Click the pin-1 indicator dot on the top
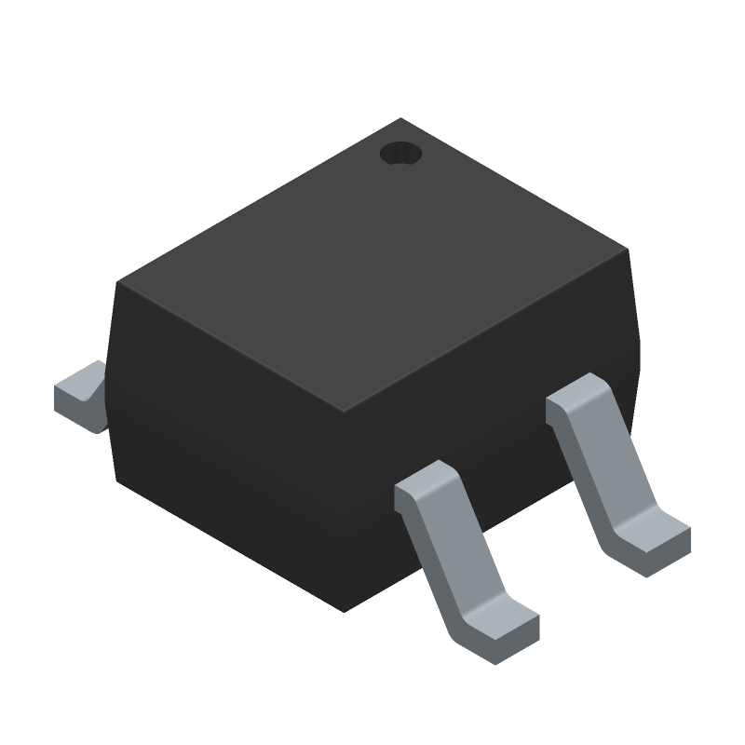401,154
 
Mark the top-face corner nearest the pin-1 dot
401,118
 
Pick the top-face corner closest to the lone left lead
115,282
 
